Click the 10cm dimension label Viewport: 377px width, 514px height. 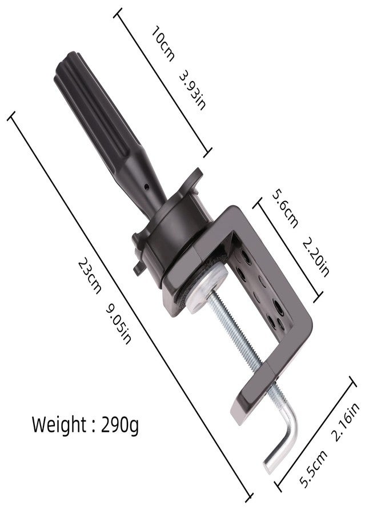pyautogui.click(x=163, y=44)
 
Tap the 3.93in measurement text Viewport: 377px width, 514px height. pyautogui.click(x=193, y=90)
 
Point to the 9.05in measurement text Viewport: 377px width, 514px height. pyautogui.click(x=118, y=324)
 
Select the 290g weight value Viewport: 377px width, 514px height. pyautogui.click(x=120, y=425)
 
